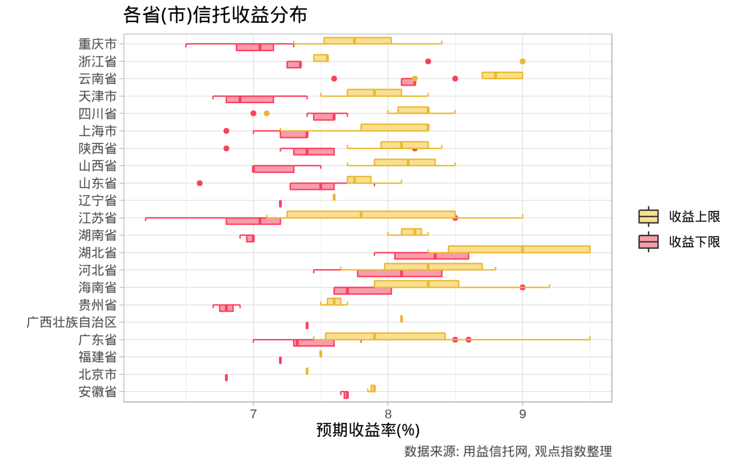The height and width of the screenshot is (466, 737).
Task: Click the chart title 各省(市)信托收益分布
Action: (x=215, y=15)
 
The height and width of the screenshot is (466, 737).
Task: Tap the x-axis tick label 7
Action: (x=253, y=414)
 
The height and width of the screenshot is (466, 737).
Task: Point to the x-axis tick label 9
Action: (x=523, y=414)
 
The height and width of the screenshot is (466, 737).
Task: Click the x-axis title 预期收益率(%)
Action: (x=368, y=430)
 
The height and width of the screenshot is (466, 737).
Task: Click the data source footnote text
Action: (x=507, y=451)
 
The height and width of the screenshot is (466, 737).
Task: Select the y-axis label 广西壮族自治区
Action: (x=72, y=322)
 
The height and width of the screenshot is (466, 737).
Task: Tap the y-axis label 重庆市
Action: (x=97, y=44)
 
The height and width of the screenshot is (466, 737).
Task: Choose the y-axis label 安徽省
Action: (x=97, y=392)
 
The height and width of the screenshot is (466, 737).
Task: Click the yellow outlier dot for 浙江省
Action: (x=523, y=61)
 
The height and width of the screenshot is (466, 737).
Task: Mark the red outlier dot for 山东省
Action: (x=200, y=183)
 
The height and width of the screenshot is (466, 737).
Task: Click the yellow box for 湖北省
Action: (x=519, y=249)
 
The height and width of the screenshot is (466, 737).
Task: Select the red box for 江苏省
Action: (x=253, y=221)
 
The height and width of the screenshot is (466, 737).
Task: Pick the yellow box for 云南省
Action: (x=502, y=75)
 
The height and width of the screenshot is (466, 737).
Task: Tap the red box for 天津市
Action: (x=249, y=99)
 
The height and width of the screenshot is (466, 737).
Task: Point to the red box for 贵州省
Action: (x=226, y=308)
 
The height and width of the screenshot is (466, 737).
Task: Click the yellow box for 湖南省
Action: (x=411, y=232)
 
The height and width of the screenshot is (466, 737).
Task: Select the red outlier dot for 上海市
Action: (x=226, y=131)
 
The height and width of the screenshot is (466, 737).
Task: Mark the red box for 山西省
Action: (x=273, y=169)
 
